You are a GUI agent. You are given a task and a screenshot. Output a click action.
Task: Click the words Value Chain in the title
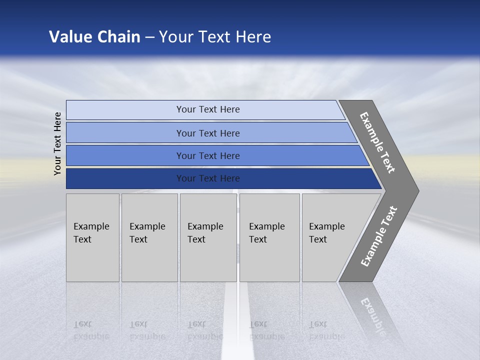pyautogui.click(x=94, y=37)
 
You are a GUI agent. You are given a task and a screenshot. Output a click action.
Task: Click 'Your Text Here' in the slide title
pyautogui.click(x=215, y=37)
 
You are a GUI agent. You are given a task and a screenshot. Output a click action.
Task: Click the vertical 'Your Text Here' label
pyautogui.click(x=57, y=143)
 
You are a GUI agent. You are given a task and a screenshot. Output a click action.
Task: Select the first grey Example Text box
pyautogui.click(x=92, y=237)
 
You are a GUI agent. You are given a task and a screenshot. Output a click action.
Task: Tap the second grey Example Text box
pyautogui.click(x=149, y=237)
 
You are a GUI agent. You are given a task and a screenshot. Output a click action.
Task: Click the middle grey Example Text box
pyautogui.click(x=208, y=237)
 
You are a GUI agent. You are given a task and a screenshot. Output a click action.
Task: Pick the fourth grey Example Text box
pyautogui.click(x=269, y=237)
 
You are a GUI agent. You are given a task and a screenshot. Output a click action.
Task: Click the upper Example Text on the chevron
pyautogui.click(x=378, y=142)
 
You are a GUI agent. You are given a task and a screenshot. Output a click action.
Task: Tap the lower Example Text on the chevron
pyautogui.click(x=379, y=236)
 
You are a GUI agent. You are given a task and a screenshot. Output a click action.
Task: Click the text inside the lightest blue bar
pyautogui.click(x=208, y=109)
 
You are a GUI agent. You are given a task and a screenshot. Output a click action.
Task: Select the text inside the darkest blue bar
pyautogui.click(x=208, y=178)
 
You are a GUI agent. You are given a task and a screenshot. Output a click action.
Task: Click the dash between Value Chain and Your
pyautogui.click(x=149, y=37)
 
